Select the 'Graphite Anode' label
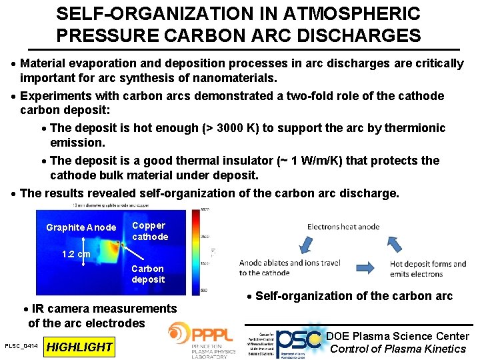point(81,228)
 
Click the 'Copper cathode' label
point(150,231)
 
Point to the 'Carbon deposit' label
point(148,274)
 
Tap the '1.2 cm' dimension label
point(76,254)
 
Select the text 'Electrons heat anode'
point(343,227)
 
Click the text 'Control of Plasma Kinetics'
point(398,349)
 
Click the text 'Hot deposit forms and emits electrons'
point(427,268)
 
